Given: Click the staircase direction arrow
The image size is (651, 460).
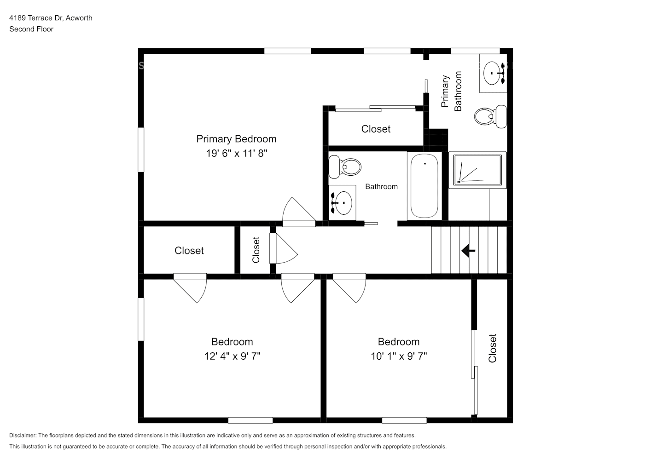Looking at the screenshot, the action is [468, 251].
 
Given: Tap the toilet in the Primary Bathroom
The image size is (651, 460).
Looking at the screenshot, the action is [491, 116].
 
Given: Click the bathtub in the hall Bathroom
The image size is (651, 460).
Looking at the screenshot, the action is [424, 186].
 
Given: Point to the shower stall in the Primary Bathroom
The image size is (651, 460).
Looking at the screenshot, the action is [477, 170].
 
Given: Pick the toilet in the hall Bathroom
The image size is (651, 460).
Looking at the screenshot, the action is [345, 167].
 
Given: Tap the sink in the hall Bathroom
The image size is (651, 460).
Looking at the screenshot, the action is [342, 203].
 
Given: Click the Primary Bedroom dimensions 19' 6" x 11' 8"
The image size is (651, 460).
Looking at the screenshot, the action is [237, 153].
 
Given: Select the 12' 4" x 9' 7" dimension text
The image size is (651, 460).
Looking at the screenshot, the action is [232, 356].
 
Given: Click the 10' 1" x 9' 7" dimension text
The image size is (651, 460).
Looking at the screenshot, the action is [399, 356].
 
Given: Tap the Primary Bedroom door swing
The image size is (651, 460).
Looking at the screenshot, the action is [299, 212].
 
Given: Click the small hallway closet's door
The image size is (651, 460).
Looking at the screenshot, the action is [283, 248].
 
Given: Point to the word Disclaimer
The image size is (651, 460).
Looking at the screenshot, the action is [23, 435].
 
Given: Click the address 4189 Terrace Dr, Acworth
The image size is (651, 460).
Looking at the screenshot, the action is [51, 18].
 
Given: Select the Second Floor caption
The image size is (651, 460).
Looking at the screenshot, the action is [31, 29].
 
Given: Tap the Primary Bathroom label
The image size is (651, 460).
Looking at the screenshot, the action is [451, 91].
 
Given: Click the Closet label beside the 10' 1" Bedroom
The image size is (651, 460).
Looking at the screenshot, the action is [492, 348].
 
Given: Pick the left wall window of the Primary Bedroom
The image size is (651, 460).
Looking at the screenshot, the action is [141, 149].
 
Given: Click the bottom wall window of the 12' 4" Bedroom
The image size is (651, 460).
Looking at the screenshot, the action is [250, 420].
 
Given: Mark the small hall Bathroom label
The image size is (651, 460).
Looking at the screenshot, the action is [381, 186].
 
